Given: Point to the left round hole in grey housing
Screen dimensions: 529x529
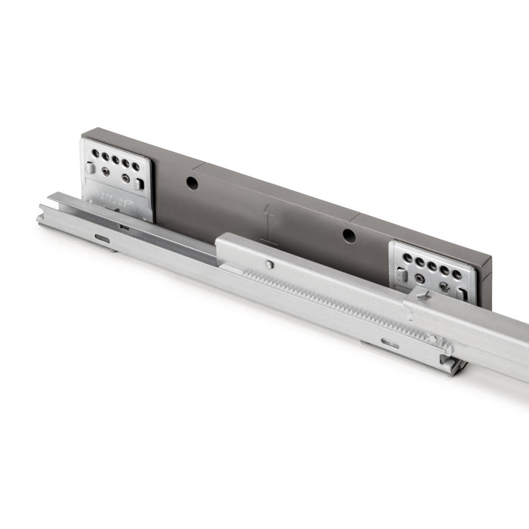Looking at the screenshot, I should [192, 183].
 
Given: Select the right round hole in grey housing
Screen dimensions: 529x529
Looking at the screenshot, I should [349, 235].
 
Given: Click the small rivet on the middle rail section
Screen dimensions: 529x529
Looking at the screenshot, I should [269, 264].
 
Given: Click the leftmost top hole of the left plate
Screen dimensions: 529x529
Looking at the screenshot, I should [96, 153].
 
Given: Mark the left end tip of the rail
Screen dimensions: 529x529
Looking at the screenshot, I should [40, 220].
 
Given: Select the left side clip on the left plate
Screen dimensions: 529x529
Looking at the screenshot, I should [90, 169].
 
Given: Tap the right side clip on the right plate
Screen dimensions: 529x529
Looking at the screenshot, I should [462, 294].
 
